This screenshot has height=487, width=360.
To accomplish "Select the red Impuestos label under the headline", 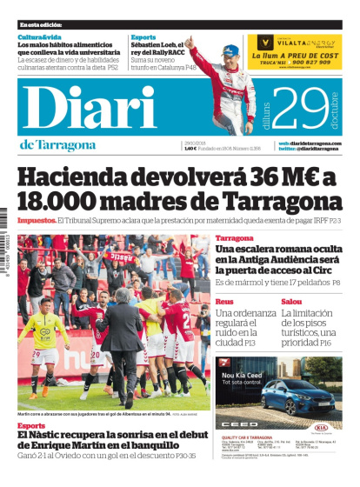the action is point(37,221).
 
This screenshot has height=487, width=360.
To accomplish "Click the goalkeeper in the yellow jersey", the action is point(42,344).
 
